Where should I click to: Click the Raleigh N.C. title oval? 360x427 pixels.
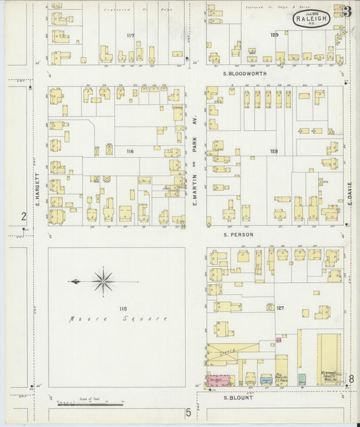312,19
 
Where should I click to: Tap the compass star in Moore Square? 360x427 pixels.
103,282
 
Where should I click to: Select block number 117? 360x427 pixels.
130,34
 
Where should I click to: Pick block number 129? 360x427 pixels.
274,34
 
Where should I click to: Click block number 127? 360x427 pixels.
280,308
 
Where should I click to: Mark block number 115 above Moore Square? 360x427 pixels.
123,309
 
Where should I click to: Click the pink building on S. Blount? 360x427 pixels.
217,380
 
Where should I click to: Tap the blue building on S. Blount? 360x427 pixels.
266,380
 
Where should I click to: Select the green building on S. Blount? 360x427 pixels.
302,379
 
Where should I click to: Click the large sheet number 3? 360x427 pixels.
347,11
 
